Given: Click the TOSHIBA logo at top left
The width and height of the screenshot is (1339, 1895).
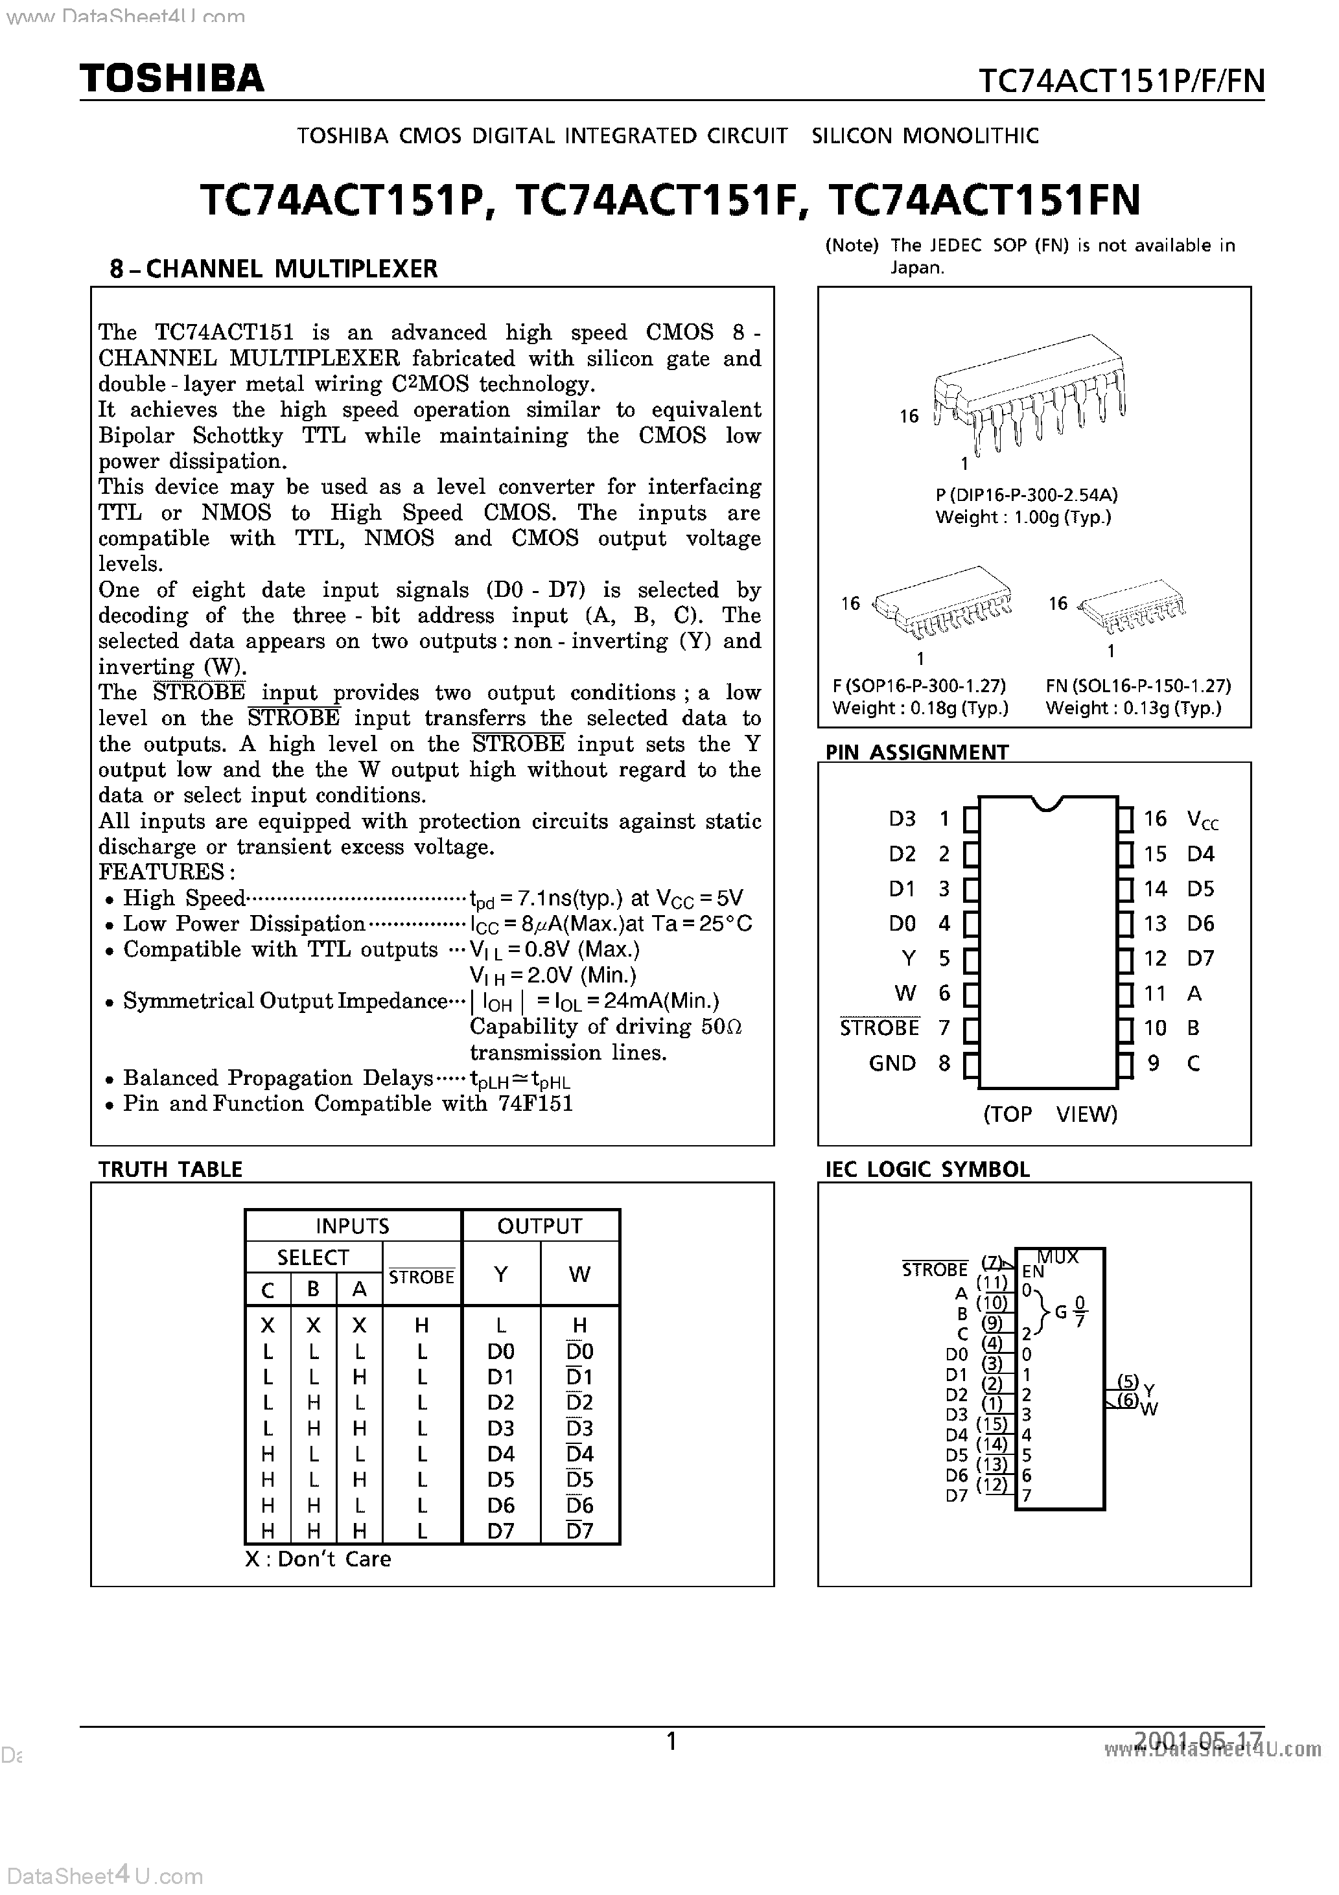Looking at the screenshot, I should (x=172, y=78).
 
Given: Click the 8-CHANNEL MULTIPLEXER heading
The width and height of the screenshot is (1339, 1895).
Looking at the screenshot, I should (x=274, y=269).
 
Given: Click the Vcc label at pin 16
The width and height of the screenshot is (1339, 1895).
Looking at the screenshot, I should (x=1202, y=820).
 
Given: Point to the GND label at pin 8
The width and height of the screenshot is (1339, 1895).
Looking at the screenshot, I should (x=892, y=1063).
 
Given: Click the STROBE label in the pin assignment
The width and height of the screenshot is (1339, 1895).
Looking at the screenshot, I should (x=879, y=1029).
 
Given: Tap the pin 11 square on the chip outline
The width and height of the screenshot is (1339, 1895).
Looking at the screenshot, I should (x=1125, y=994).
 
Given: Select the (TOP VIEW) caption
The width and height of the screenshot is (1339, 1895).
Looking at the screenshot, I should (x=1049, y=1114).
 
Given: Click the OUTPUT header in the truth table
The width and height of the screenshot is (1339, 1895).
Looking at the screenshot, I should (x=540, y=1226).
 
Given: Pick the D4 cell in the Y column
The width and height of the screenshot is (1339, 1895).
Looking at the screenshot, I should (x=500, y=1454).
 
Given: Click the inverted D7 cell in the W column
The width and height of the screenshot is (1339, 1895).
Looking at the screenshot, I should (x=579, y=1531).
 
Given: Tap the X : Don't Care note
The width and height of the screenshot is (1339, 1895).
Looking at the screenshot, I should (x=318, y=1559).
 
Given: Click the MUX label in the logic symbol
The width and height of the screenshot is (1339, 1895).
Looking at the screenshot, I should (x=1058, y=1257).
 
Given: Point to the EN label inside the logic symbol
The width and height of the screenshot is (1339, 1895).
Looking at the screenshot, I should (x=1032, y=1272).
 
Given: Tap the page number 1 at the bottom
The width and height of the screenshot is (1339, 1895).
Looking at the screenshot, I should (x=671, y=1742).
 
